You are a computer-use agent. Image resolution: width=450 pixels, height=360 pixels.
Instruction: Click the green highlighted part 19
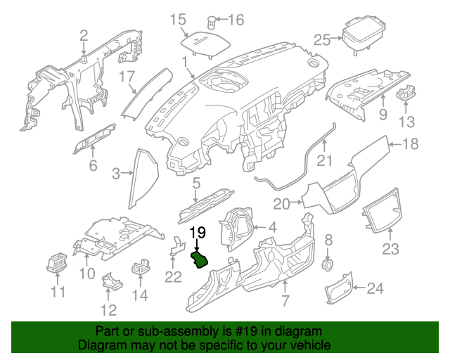pos(200,262)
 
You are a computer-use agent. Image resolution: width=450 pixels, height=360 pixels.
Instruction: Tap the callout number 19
pos(198,233)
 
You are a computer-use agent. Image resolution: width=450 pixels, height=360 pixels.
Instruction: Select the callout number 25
pos(322,39)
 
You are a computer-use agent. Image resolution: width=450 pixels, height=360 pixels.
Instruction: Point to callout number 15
pos(178,19)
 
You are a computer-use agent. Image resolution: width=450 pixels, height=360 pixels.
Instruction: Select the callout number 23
pos(390,249)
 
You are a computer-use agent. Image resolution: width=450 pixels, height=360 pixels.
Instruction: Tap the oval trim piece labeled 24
pos(339,287)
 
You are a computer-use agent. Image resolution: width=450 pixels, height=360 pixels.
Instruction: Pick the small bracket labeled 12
pos(112,280)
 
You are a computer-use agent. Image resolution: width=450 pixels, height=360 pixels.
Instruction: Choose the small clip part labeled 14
pos(142,267)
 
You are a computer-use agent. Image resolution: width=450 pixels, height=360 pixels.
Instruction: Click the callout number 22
pos(173,276)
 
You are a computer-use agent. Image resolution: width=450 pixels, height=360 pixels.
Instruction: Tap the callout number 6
pos(92,166)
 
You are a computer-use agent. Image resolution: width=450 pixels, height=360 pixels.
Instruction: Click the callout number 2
pos(84,35)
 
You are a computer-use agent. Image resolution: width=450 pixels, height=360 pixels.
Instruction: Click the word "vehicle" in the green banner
pos(309,345)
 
